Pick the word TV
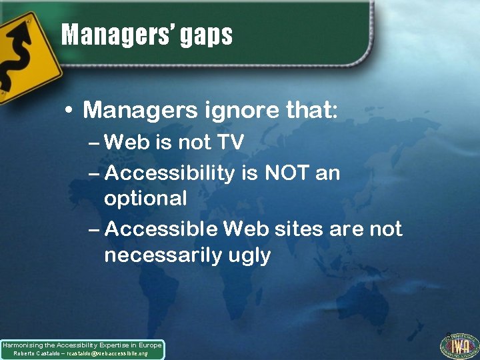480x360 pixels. pos(229,143)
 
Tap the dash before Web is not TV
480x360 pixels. pos(95,143)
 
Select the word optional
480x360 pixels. pos(145,199)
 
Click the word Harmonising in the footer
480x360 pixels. pos(21,345)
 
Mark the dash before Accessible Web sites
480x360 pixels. pos(95,229)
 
